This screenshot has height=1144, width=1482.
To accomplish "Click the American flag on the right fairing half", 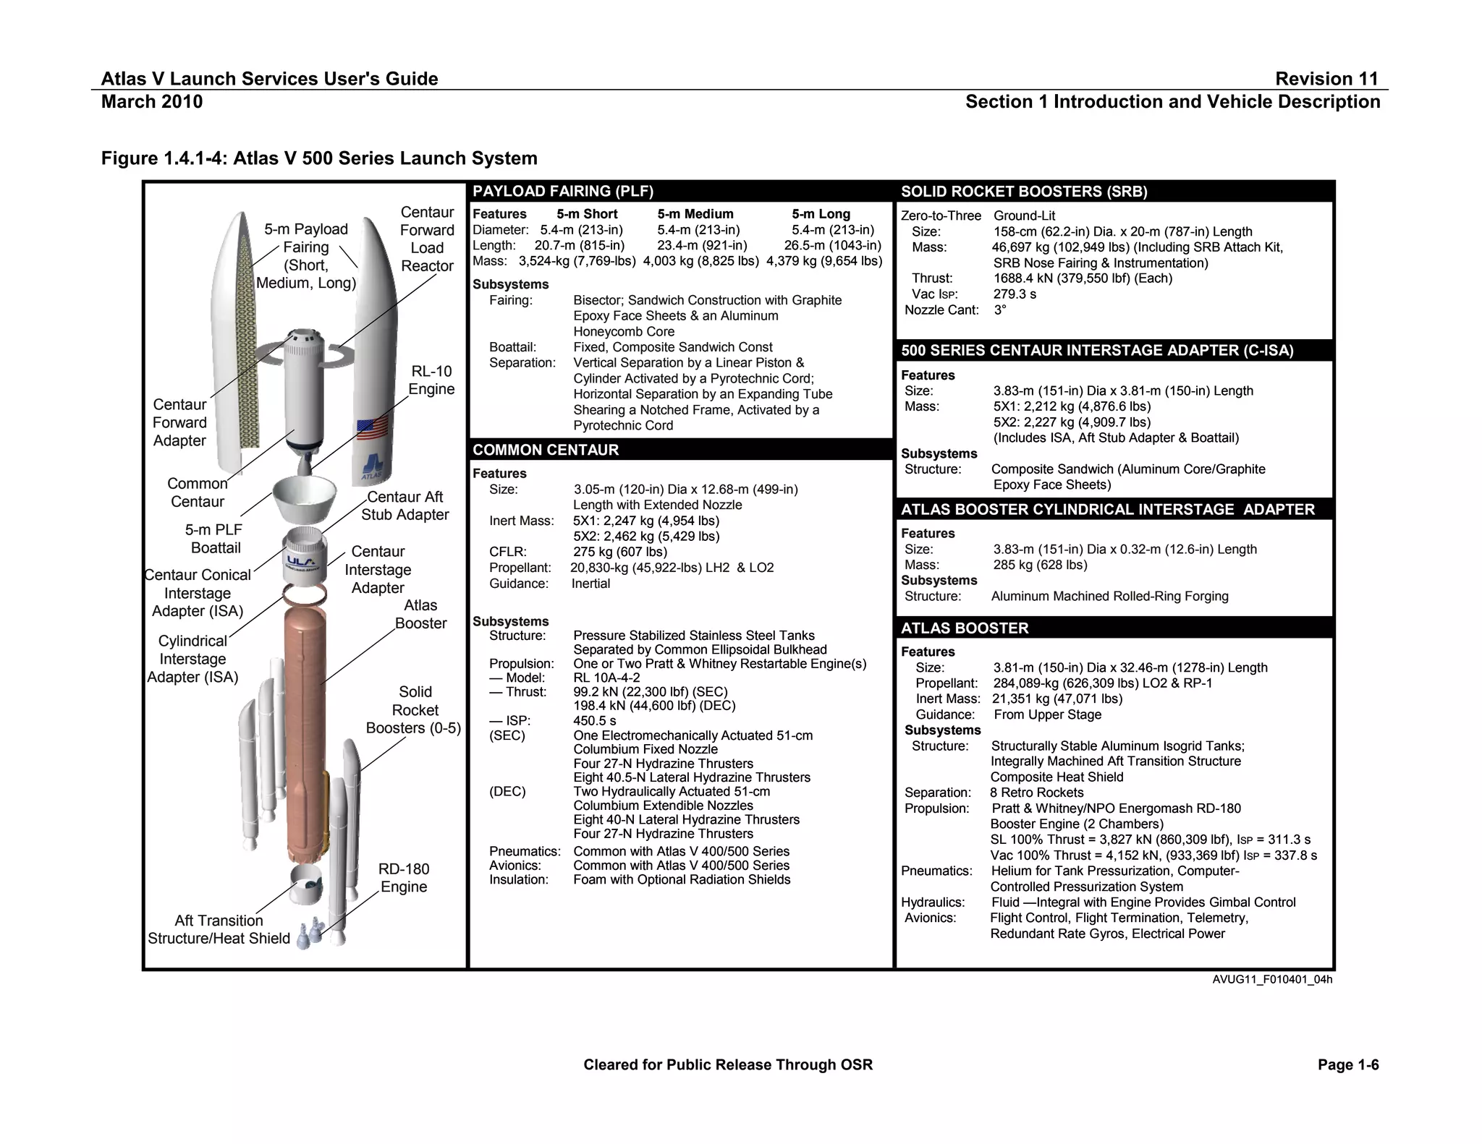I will pos(372,428).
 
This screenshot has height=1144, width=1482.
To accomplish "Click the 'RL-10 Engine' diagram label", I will pos(431,380).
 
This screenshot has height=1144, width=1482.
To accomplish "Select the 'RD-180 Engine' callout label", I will pos(404,878).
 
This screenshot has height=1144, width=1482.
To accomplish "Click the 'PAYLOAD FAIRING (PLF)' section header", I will pos(562,192).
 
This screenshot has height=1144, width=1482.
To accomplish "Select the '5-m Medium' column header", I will pos(695,214).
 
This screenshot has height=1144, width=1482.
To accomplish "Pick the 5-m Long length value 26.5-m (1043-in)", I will pos(833,245).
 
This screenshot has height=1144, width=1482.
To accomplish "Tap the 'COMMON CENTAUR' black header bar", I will pos(546,450).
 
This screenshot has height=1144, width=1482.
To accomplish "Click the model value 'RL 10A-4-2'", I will pos(606,678).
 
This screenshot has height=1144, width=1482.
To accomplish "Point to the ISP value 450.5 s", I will pos(594,721).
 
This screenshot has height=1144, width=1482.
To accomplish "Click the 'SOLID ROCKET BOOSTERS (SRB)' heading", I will pos(1024,192).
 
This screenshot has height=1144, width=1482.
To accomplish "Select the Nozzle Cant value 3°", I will pos(999,310).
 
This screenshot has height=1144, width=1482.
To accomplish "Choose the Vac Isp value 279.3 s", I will pos(1015,294).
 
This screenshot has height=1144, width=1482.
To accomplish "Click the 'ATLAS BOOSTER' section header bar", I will pos(964,628).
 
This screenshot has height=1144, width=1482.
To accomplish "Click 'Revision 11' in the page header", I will pos(1326,79).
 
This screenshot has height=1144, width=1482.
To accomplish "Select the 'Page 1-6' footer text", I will pos(1348,1064).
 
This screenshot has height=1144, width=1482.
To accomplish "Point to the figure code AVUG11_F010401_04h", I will pos(1272,980).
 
